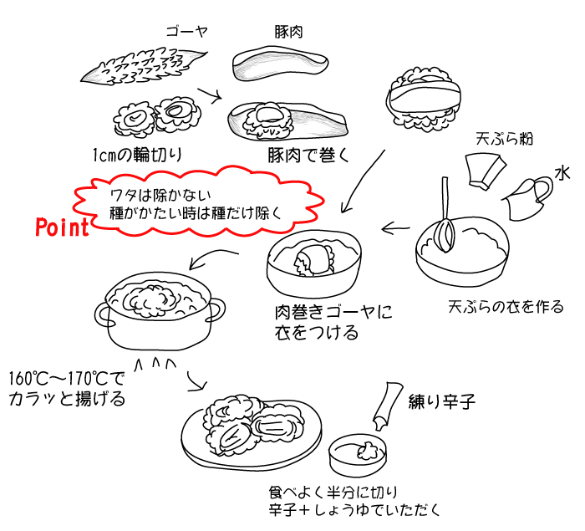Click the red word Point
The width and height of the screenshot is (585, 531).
62,227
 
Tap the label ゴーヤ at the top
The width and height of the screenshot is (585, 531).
186,32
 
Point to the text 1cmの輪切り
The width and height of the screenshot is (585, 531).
137,155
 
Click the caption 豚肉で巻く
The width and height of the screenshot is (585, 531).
307,156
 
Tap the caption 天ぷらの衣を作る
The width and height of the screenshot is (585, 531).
506,306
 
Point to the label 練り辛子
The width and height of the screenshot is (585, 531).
442,402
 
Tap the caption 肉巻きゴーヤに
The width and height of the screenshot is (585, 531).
333,313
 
